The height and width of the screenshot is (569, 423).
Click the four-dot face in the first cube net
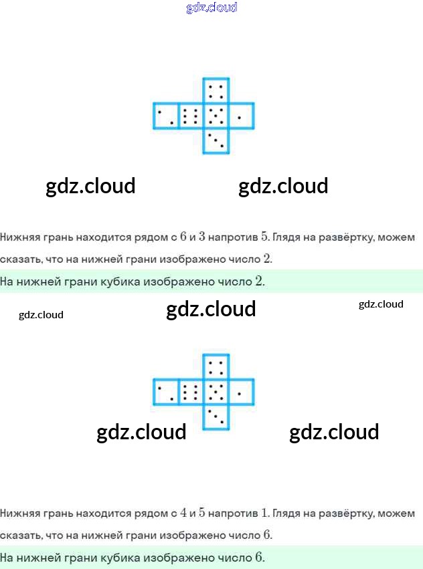[216, 91]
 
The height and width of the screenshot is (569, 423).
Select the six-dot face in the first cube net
[191, 116]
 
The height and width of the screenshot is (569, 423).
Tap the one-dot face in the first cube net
[242, 116]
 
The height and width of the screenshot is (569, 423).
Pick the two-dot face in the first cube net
[166, 116]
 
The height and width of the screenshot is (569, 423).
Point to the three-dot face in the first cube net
[216, 141]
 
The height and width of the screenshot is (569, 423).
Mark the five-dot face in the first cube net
[216, 116]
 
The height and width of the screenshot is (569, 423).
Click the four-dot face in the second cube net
[216, 367]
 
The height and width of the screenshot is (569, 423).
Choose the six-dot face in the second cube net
[191, 392]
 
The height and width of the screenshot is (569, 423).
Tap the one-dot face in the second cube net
[242, 392]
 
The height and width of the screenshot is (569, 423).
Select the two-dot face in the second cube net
[166, 392]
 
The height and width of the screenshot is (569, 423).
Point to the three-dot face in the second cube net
[216, 417]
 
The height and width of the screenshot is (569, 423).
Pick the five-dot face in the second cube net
[216, 392]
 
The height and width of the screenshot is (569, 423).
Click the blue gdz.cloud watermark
[211, 7]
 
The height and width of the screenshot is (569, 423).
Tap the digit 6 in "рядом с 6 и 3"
[183, 237]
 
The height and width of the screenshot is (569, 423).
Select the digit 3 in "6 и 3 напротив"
[202, 237]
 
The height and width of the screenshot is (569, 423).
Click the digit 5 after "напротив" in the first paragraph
[264, 237]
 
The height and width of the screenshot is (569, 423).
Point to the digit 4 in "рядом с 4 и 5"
[183, 513]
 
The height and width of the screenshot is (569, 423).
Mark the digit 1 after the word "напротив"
[264, 513]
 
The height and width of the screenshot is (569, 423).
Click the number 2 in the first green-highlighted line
[259, 281]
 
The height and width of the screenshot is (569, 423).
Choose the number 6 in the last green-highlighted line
[259, 557]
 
